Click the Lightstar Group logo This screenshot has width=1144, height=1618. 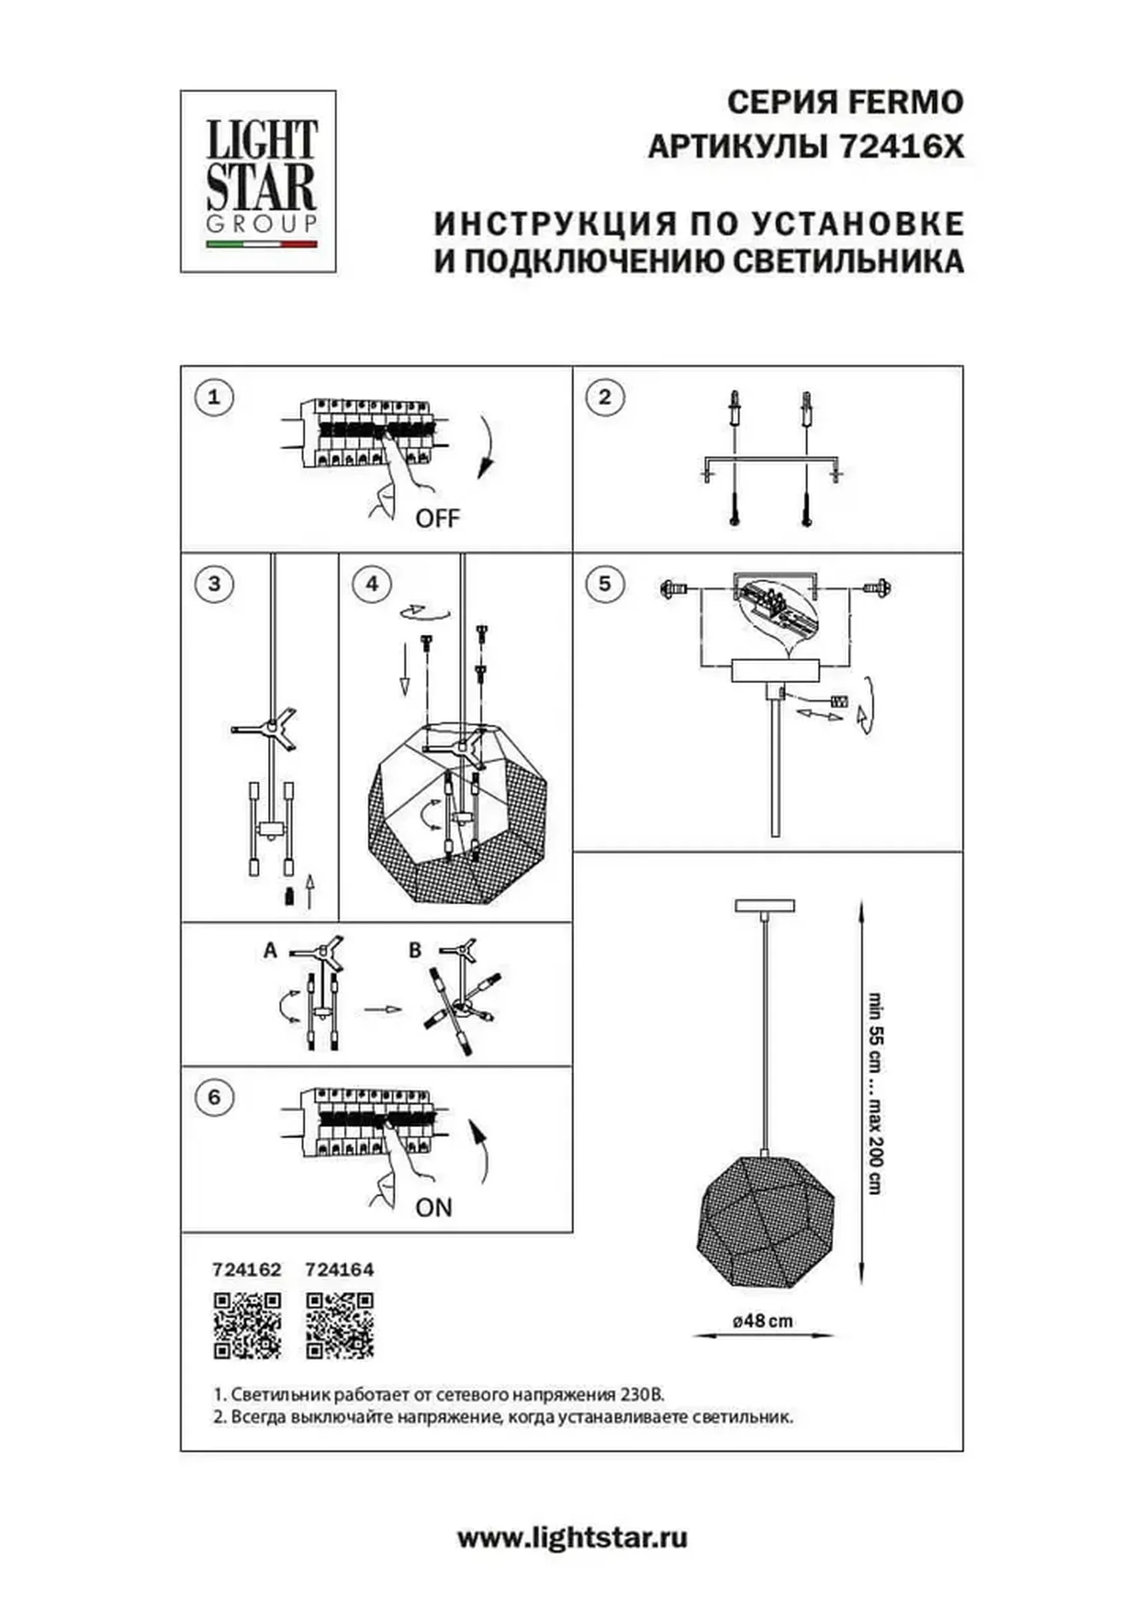pyautogui.click(x=258, y=181)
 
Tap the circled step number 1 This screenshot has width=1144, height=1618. pyautogui.click(x=214, y=397)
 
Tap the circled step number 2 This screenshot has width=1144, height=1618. pyautogui.click(x=604, y=397)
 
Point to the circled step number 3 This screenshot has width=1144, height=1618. pyautogui.click(x=214, y=583)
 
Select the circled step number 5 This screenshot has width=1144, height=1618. pyautogui.click(x=604, y=583)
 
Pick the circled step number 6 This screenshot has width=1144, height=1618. pyautogui.click(x=214, y=1097)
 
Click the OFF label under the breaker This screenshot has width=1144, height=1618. pyautogui.click(x=437, y=519)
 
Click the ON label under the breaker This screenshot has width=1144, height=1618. pyautogui.click(x=434, y=1208)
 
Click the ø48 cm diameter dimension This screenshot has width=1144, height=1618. pyautogui.click(x=763, y=1321)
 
